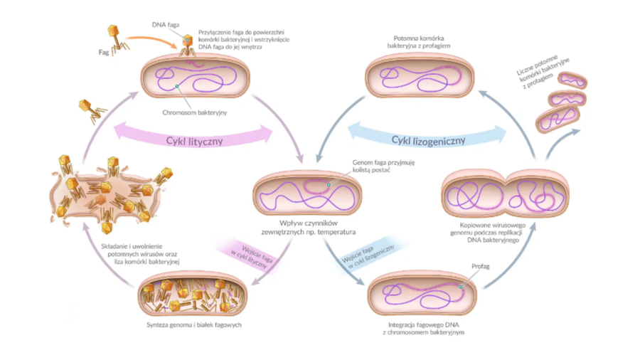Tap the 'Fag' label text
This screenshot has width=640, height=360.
[x=102, y=53]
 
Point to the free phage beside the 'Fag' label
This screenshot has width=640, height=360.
[x=116, y=36]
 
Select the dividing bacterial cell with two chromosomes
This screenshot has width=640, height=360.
[x=505, y=193]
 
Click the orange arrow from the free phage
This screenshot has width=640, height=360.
[x=153, y=40]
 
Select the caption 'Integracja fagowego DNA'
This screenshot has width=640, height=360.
[x=418, y=327]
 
